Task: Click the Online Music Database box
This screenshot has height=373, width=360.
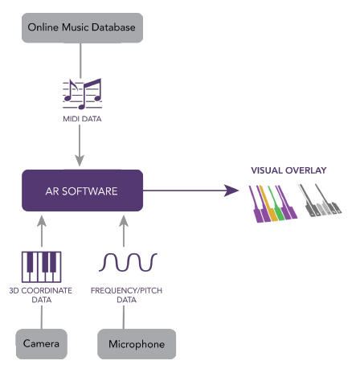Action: click(82, 27)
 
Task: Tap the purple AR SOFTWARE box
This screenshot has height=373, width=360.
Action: click(82, 191)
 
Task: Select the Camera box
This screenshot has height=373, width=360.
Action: click(42, 344)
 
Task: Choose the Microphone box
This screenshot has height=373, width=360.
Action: click(137, 344)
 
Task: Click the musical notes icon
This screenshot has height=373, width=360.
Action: click(82, 94)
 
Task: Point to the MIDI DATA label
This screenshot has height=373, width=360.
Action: click(82, 119)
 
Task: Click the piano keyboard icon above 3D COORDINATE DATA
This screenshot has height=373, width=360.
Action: click(42, 267)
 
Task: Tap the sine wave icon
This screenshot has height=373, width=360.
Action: click(128, 262)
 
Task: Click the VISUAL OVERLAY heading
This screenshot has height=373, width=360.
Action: click(288, 170)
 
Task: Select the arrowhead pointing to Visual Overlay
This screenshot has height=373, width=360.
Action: click(231, 191)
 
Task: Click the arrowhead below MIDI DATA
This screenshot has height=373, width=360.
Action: click(80, 160)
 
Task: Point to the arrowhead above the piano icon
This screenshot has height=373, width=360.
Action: click(42, 221)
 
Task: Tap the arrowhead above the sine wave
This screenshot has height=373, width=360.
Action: click(124, 221)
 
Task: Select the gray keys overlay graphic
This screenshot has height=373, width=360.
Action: click(320, 200)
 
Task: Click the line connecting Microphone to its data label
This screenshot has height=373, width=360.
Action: click(124, 318)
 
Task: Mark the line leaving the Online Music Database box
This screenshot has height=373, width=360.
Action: click(80, 60)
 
